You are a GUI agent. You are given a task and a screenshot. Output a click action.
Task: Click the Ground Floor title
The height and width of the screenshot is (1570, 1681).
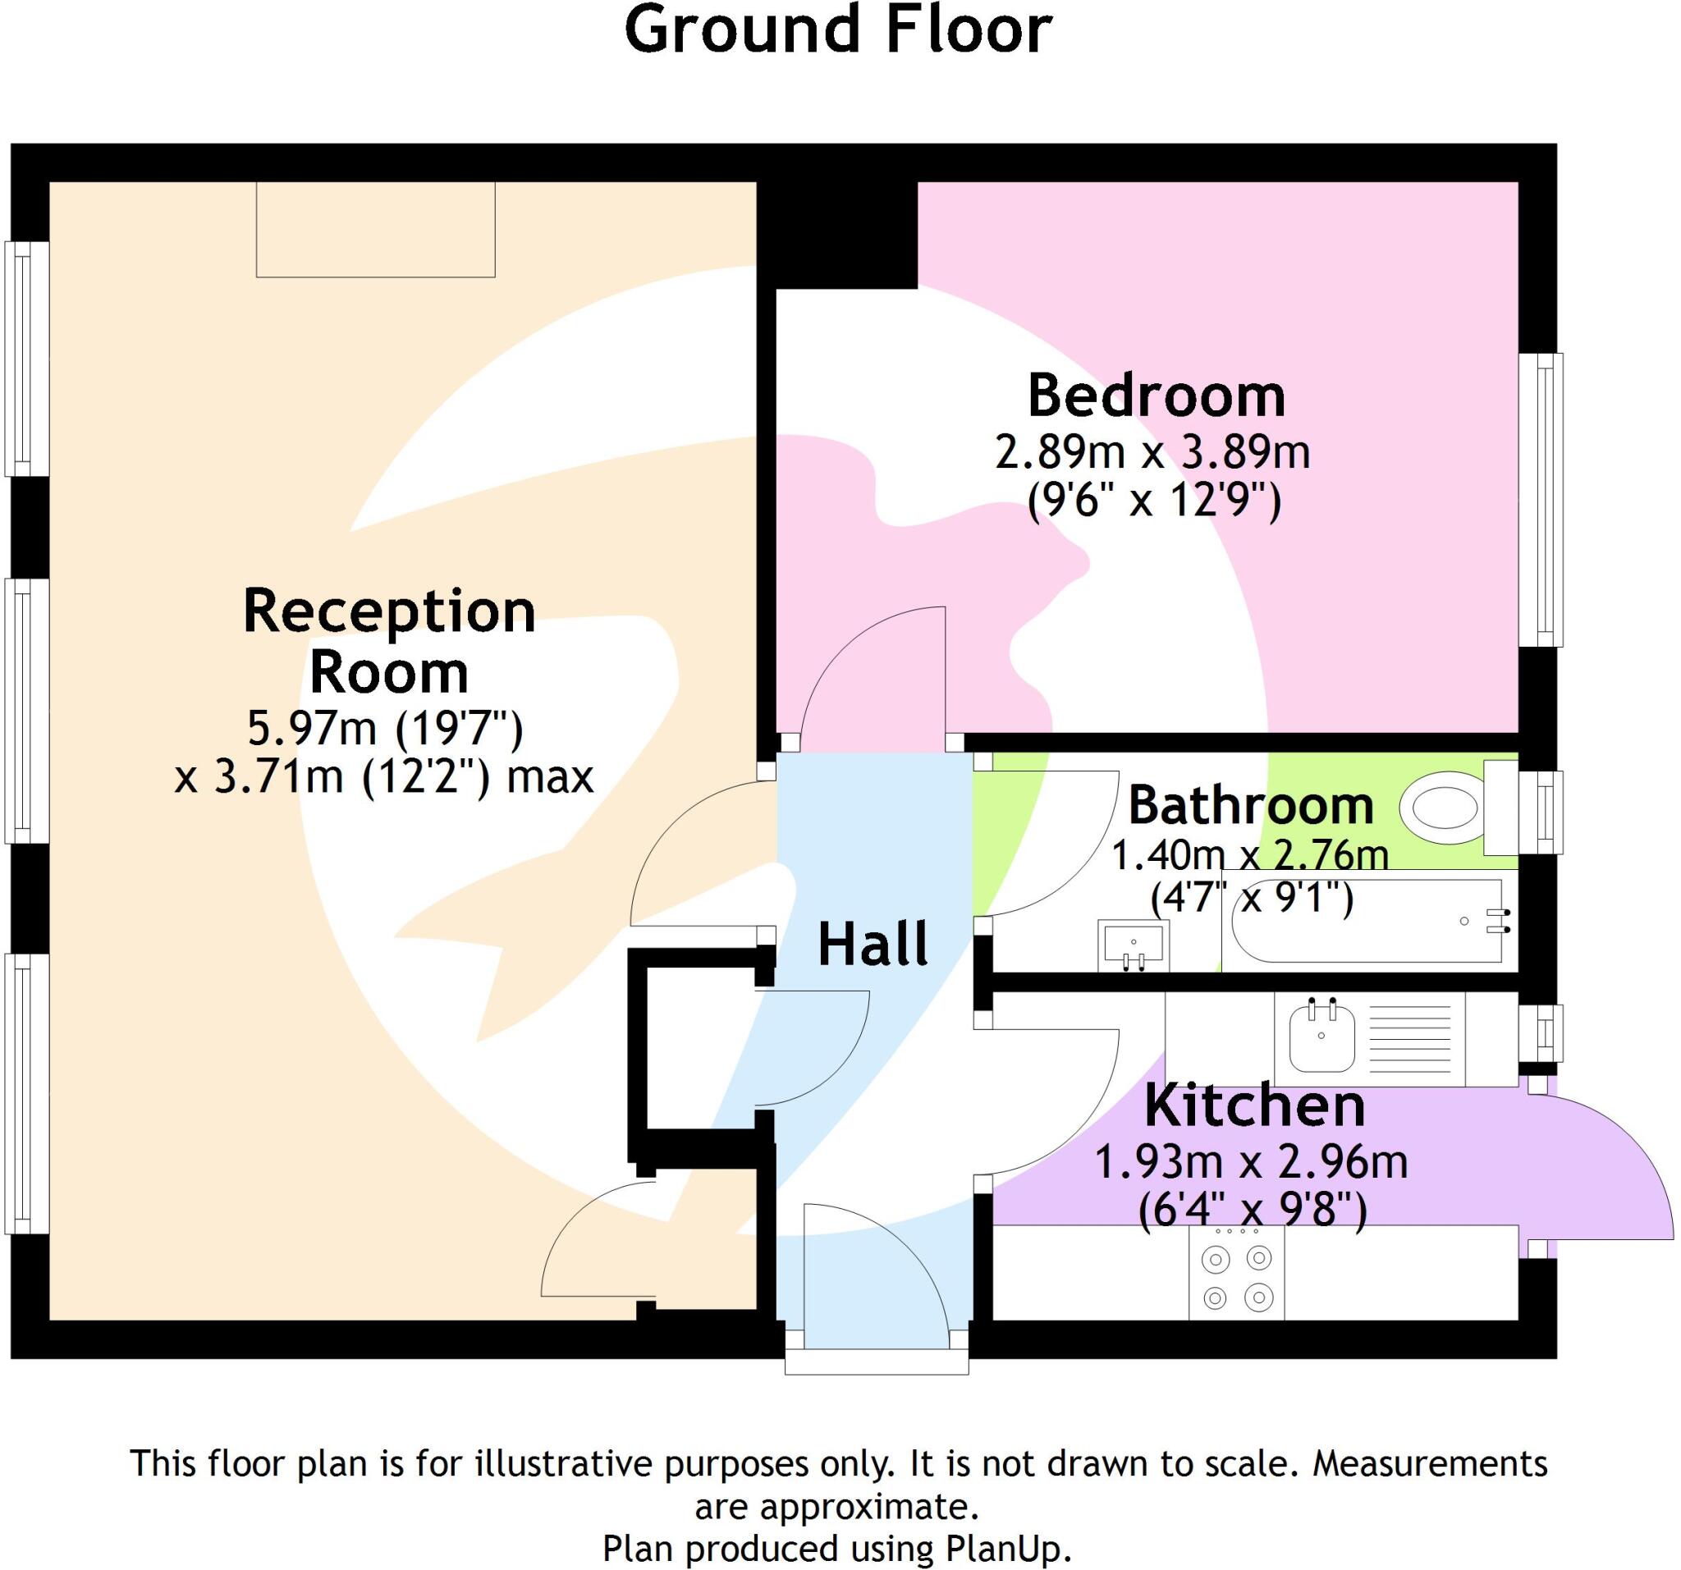[837, 30]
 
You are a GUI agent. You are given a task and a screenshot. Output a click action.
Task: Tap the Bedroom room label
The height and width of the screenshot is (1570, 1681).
[1155, 396]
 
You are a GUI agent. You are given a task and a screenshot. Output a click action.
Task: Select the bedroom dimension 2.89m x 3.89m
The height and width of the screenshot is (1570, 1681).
[1152, 452]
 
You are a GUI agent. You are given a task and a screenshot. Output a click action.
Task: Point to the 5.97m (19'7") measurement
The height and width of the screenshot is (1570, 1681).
[385, 727]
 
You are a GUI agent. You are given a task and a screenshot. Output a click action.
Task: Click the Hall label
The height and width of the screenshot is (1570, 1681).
[873, 945]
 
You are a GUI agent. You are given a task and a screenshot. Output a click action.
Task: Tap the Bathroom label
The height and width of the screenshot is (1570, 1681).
[1250, 805]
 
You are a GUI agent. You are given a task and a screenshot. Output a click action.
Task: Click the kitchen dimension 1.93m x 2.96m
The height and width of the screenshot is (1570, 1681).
[1251, 1162]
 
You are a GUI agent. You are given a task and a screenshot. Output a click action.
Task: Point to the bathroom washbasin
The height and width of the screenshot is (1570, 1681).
[1133, 945]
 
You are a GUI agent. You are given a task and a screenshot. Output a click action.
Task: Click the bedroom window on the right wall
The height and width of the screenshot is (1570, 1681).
[1540, 499]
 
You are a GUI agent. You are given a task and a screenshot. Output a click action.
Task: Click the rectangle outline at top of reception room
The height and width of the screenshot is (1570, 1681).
[375, 229]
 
